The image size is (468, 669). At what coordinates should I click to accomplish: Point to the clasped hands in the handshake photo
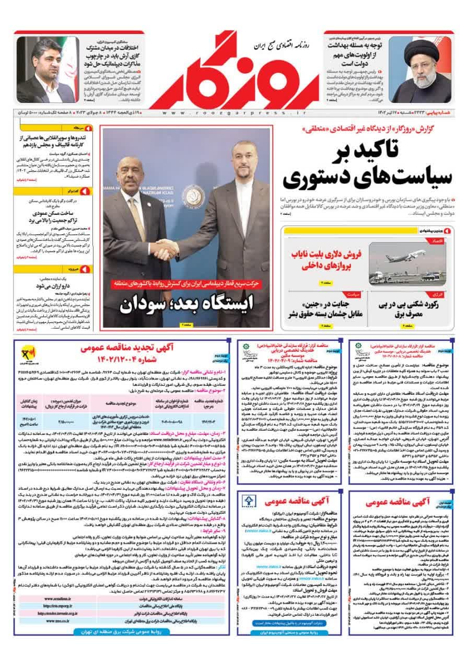(166, 249)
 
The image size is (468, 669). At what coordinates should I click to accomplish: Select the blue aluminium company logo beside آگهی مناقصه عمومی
(249, 502)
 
